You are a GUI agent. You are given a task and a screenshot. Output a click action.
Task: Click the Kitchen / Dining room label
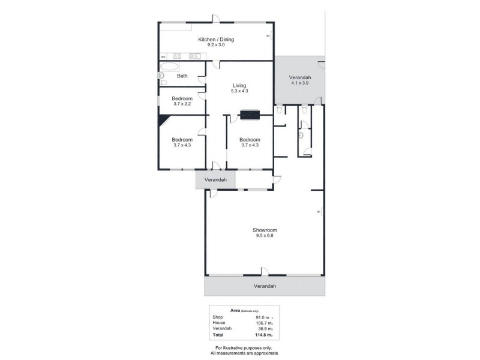[x=216, y=40]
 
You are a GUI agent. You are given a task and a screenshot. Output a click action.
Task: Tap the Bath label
[x=182, y=76]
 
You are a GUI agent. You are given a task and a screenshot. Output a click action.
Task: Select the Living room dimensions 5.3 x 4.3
[x=239, y=91]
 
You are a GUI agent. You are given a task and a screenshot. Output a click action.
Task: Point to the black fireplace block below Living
[x=249, y=114]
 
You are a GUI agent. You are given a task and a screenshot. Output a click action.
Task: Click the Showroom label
[x=264, y=230]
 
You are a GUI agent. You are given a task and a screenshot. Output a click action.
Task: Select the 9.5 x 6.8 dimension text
[x=264, y=236]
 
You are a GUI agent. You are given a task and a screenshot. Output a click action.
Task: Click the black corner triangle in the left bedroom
[x=162, y=120]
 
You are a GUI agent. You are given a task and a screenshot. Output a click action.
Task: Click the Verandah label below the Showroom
[x=264, y=286]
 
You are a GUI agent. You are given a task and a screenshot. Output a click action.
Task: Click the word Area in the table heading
[x=236, y=310]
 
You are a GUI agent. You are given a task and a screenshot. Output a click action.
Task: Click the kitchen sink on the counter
[x=194, y=57]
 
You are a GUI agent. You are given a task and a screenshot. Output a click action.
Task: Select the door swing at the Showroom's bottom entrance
[x=264, y=271]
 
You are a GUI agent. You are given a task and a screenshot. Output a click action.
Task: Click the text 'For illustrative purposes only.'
[x=240, y=348]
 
